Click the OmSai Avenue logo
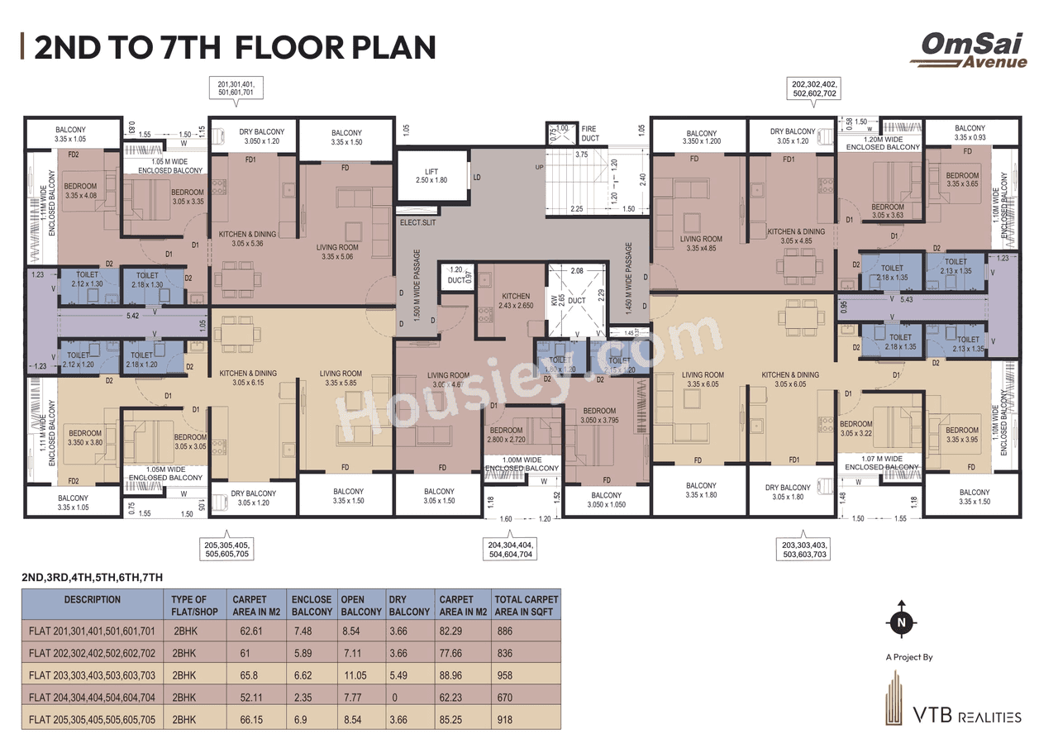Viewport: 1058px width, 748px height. (x=969, y=50)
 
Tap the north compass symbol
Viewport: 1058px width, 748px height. (x=901, y=620)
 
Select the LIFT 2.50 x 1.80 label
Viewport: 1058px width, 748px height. (x=430, y=174)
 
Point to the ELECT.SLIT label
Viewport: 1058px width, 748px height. (x=417, y=222)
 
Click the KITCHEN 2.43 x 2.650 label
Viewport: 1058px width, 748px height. (x=516, y=300)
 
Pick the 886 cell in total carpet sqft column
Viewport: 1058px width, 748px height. (x=504, y=631)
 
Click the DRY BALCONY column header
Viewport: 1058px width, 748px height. (x=410, y=605)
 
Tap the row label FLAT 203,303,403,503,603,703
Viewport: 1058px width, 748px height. (x=92, y=675)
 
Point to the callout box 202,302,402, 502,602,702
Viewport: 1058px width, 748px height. (x=814, y=89)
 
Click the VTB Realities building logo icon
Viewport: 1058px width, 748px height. (x=893, y=698)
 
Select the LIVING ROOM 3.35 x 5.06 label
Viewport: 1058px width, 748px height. (x=337, y=251)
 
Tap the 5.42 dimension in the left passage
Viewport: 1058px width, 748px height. (x=133, y=315)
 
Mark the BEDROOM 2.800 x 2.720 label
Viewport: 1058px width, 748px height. (x=506, y=436)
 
